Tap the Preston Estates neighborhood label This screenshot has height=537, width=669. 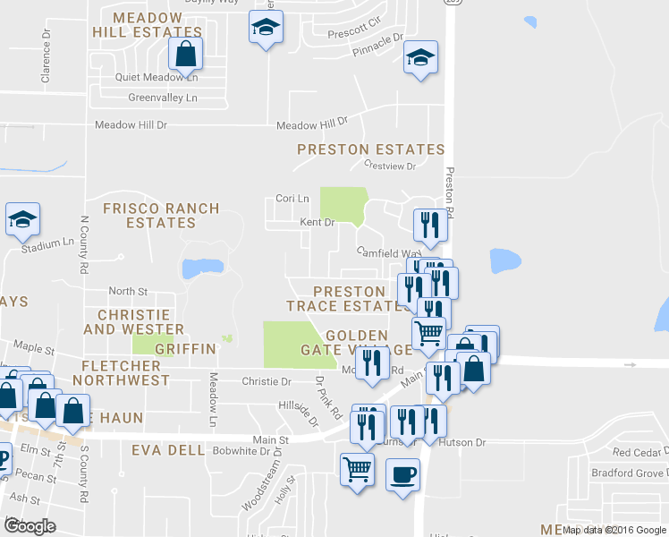click(x=370, y=149)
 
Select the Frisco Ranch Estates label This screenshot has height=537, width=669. click(x=161, y=215)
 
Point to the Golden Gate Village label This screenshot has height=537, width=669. click(x=344, y=342)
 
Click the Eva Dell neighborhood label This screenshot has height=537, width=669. click(x=166, y=450)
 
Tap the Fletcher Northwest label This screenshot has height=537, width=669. click(x=121, y=372)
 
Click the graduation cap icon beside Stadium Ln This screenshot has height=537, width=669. click(x=22, y=218)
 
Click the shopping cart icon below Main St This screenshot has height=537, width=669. click(x=357, y=466)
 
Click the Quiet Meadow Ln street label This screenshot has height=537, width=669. click(x=157, y=77)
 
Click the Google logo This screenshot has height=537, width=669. click(x=30, y=526)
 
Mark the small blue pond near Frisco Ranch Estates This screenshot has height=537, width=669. click(x=201, y=268)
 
